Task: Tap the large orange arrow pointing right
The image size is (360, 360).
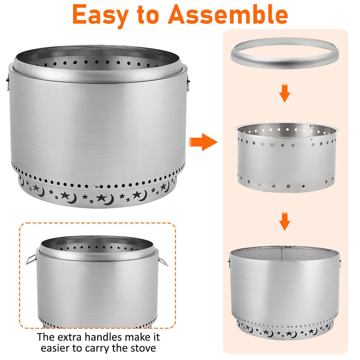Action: [x=203, y=142]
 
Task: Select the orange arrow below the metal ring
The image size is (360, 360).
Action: [x=285, y=93]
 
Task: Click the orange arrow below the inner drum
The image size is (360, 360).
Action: [x=285, y=221]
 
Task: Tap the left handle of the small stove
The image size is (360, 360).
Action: [x=31, y=259]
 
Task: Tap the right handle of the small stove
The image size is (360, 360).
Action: [x=163, y=261]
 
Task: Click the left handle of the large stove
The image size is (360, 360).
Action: [x=8, y=82]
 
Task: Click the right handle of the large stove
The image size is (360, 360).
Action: [x=188, y=84]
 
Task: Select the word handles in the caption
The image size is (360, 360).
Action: [x=103, y=337]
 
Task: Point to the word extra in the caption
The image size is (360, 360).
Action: [x=70, y=337]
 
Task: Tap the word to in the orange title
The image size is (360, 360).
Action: [x=148, y=15]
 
